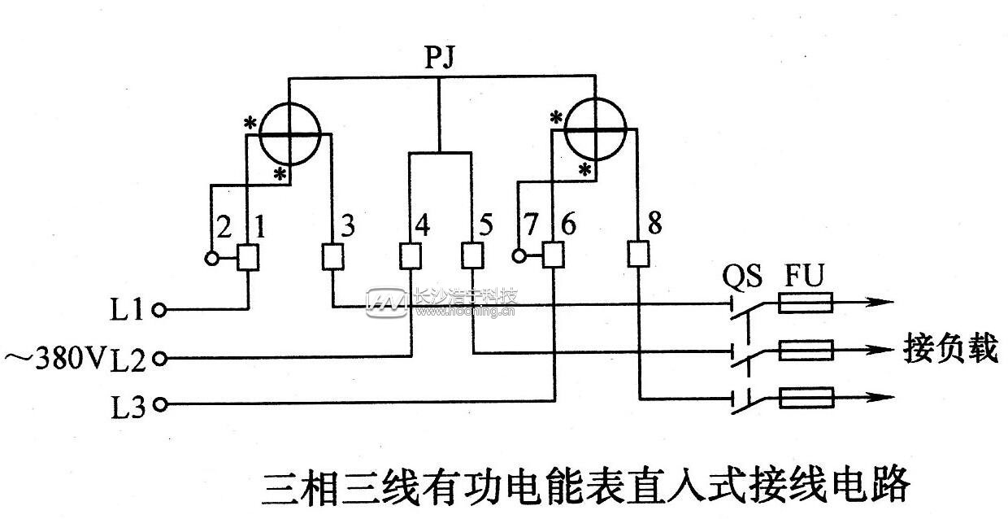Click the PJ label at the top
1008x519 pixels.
439,58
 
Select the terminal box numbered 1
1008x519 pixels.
248,258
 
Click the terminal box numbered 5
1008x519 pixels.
471,258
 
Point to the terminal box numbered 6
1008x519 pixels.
554,257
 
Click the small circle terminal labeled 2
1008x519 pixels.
212,259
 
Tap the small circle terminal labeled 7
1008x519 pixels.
519,258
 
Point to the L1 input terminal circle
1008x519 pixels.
160,310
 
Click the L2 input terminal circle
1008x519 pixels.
160,357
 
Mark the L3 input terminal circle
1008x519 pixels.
160,403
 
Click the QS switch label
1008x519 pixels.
742,277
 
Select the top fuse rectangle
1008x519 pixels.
805,305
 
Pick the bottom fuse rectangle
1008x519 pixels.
805,399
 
